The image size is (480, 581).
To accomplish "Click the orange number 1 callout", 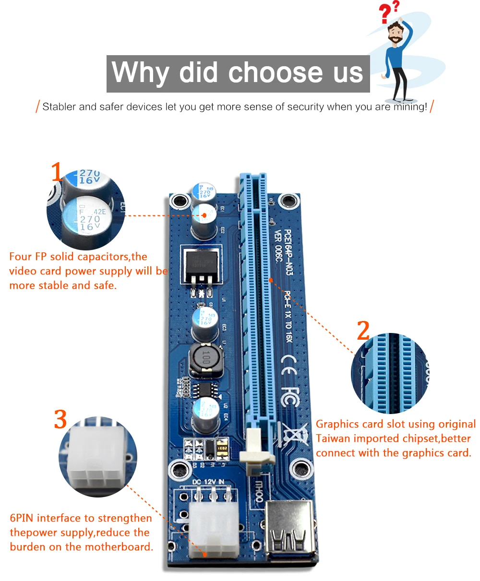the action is [57, 172].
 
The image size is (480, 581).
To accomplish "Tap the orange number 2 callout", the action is [363, 331].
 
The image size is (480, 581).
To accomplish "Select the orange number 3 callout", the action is [60, 419].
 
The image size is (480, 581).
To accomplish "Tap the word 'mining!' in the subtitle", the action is [410, 107].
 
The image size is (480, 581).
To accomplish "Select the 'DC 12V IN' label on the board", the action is [208, 482].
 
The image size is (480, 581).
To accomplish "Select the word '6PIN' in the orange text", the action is [22, 518].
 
